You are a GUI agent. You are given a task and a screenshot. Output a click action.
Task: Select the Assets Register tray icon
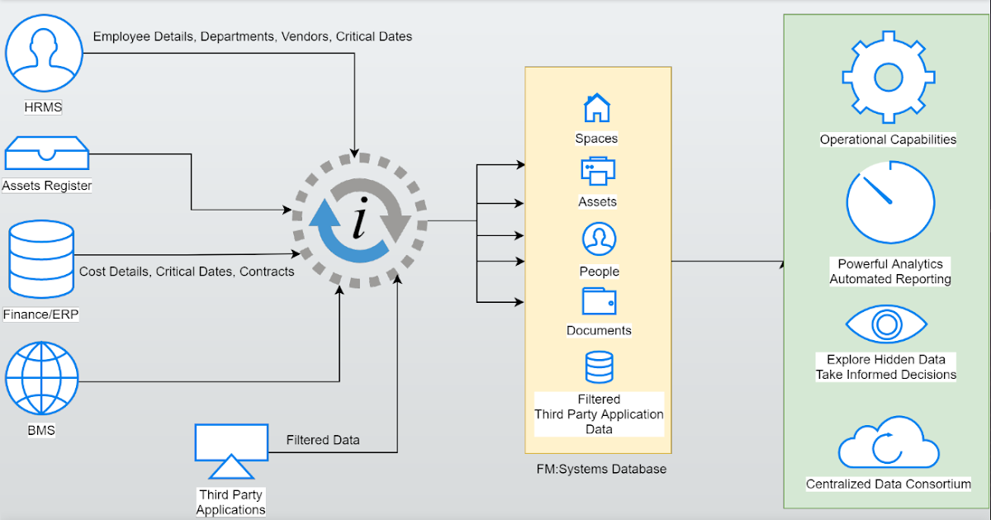46,155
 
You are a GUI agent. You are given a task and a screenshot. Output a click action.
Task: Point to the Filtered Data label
323,440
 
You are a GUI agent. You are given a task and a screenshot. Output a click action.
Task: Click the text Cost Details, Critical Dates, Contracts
187,272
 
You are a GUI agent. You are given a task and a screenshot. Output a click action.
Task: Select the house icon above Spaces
597,108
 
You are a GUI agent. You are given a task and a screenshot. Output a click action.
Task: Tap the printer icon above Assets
597,171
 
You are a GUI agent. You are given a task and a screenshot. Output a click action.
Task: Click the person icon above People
598,239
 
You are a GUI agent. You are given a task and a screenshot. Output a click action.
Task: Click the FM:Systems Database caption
601,469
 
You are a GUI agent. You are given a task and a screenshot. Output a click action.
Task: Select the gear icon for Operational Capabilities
888,78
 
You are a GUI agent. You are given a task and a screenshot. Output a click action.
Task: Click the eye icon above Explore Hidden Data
886,323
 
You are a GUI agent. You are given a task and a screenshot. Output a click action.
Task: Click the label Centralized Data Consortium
889,485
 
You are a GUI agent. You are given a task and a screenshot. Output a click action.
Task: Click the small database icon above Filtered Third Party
599,367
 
